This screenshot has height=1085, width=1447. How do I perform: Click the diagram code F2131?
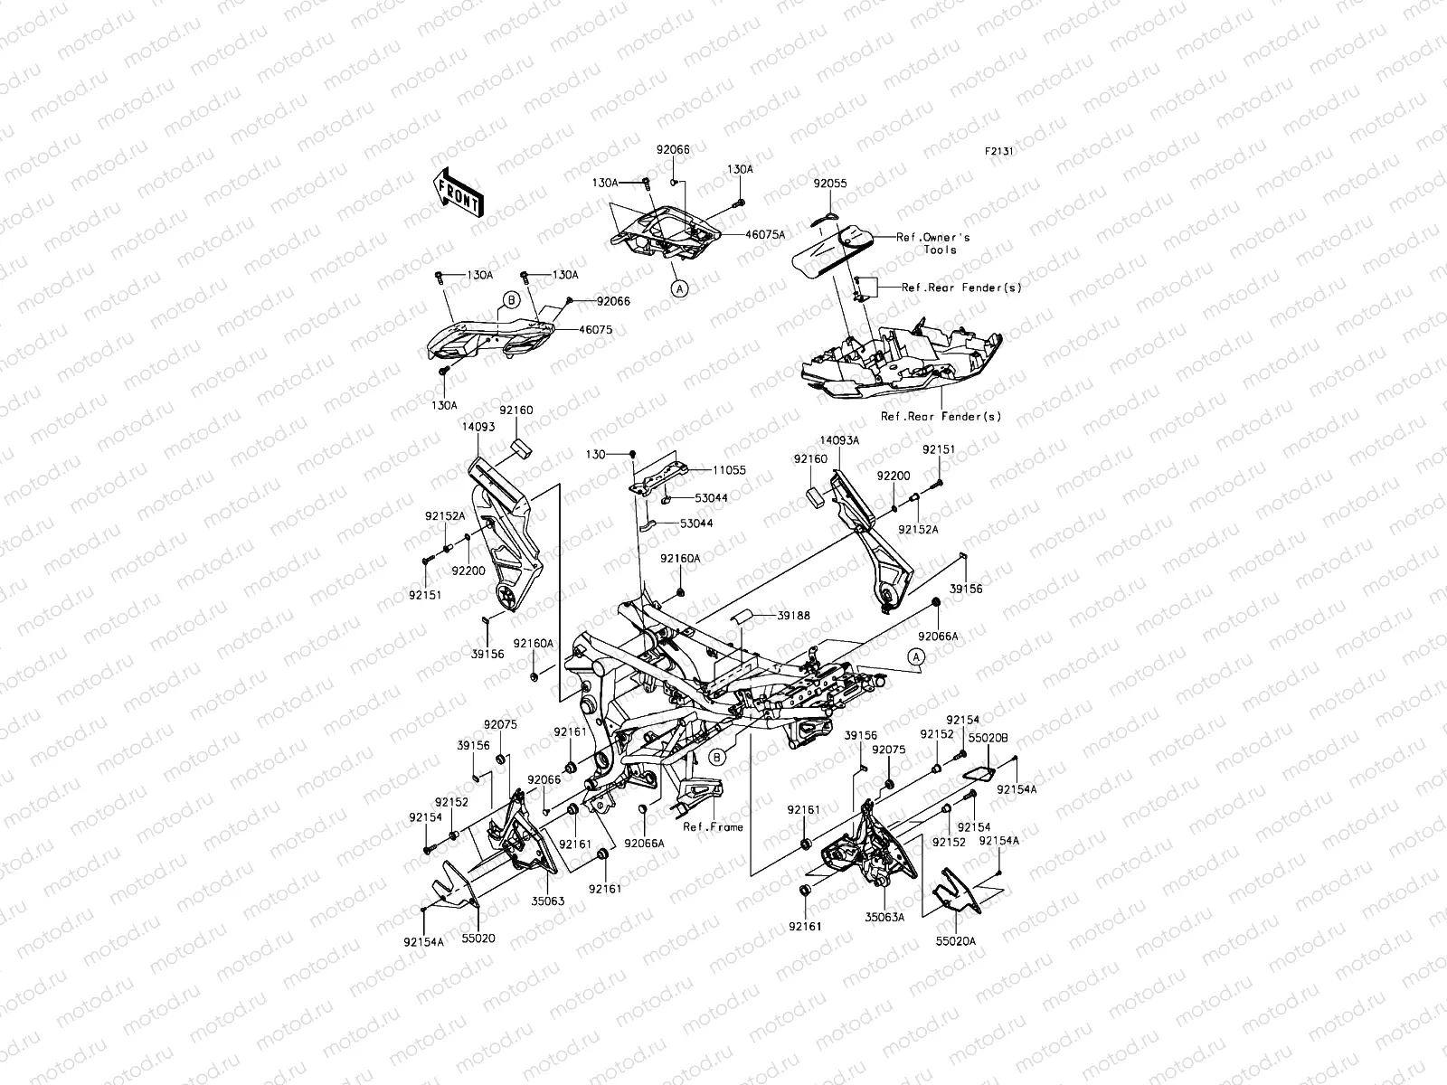[998, 152]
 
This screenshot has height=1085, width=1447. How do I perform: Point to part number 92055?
[829, 184]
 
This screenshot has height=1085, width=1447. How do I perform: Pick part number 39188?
[792, 616]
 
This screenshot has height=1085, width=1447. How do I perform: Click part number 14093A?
[839, 439]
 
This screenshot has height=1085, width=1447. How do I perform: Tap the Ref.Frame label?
[713, 826]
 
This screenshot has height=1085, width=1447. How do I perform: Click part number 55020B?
[982, 739]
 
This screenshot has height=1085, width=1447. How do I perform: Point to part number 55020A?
[954, 940]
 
